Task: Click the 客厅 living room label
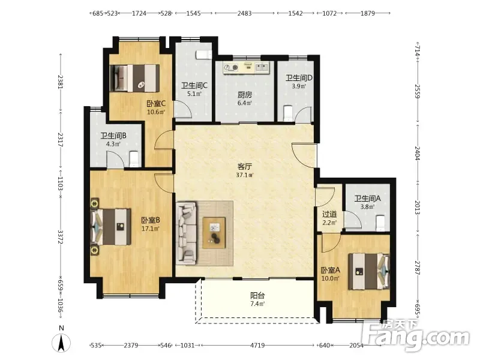pos(245,167)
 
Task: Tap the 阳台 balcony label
pos(257,295)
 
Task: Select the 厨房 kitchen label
pos(245,95)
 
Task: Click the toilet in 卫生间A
pos(380,223)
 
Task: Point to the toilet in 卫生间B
pos(134,159)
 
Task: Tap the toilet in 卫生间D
pos(289,113)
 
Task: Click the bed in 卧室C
pos(134,78)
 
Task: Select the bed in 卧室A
pos(369,271)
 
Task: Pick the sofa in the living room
pos(186,233)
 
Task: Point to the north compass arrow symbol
pos(61,343)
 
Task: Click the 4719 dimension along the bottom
pos(257,346)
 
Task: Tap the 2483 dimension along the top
pos(245,13)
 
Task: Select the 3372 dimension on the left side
pos(61,237)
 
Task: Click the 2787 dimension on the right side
pos(418,267)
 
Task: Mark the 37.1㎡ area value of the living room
pos(245,175)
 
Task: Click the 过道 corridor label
pos(329,214)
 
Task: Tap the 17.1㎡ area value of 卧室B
pos(151,229)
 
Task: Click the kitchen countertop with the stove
pos(247,68)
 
